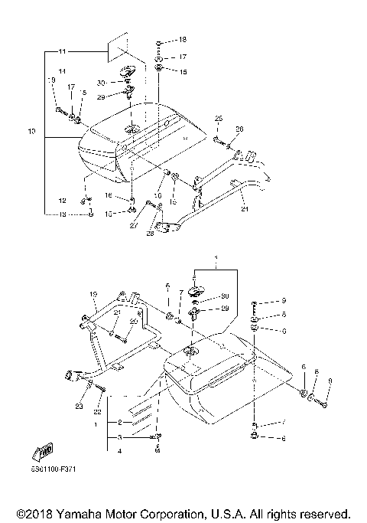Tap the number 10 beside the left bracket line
click(31, 132)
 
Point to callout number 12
click(63, 201)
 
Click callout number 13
click(63, 215)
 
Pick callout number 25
click(218, 119)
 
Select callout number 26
click(239, 129)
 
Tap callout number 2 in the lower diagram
click(119, 423)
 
